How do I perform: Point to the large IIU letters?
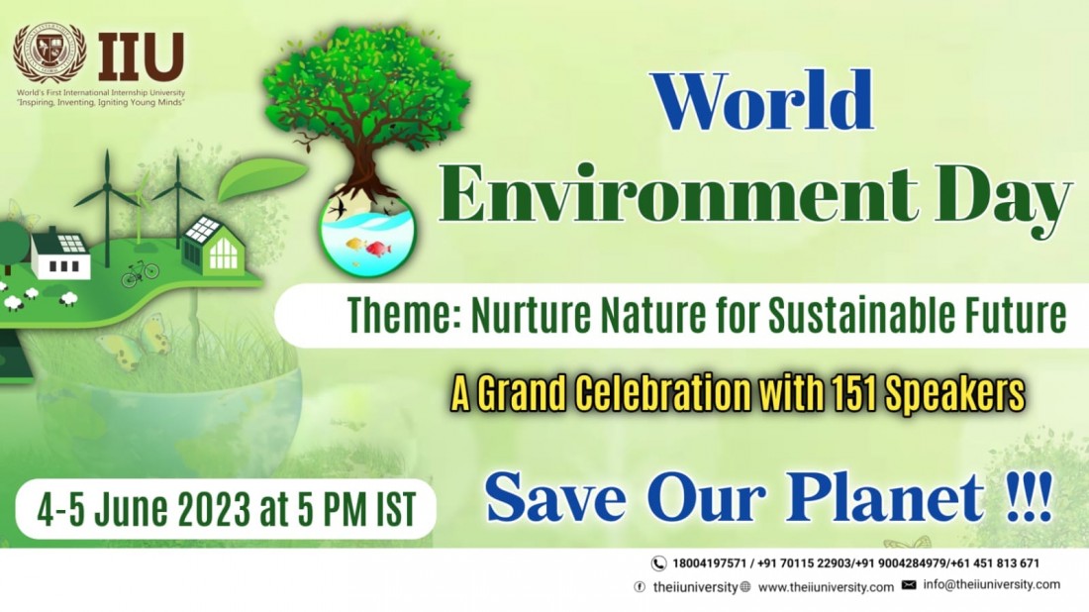point(141,57)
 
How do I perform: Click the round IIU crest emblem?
point(50,53)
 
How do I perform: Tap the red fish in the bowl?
point(378,249)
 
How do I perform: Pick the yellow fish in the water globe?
point(355,245)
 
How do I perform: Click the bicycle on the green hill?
point(141,273)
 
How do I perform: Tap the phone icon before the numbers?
point(657,563)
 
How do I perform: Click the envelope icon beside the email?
point(909,585)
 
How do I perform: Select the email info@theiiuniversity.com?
point(992,585)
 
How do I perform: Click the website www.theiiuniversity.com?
point(826,587)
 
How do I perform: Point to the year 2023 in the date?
point(215,510)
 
